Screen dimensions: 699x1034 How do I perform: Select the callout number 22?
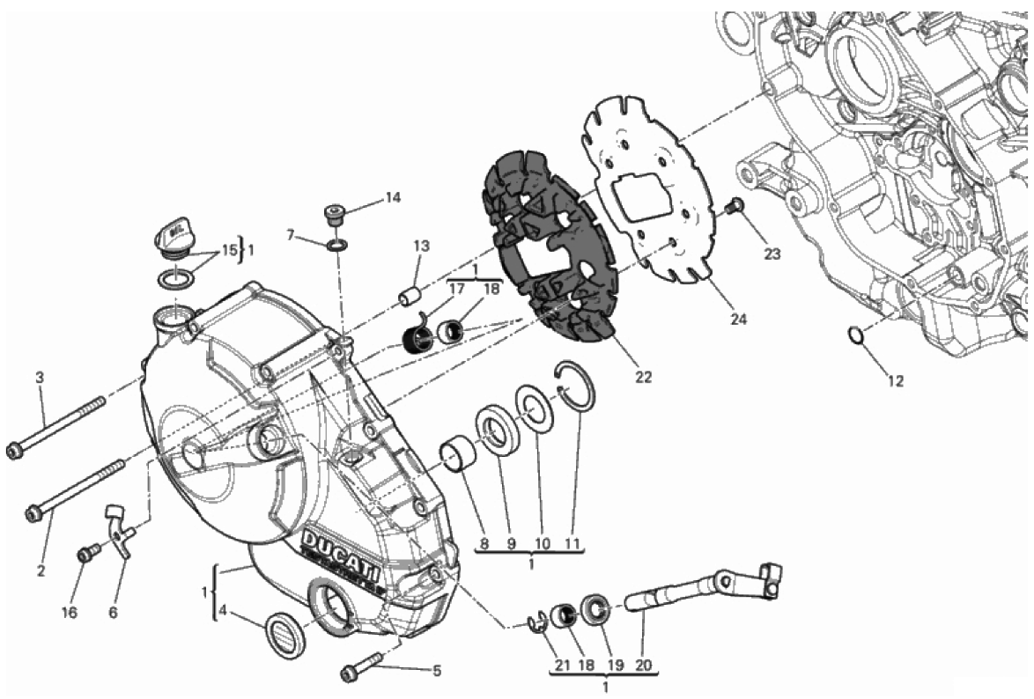pyautogui.click(x=644, y=377)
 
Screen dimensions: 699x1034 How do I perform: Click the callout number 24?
pyautogui.click(x=738, y=320)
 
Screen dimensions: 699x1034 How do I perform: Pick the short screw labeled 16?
pyautogui.click(x=87, y=554)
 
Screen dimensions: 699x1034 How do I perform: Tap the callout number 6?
pyautogui.click(x=113, y=612)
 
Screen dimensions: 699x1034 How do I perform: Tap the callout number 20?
pyautogui.click(x=643, y=666)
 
